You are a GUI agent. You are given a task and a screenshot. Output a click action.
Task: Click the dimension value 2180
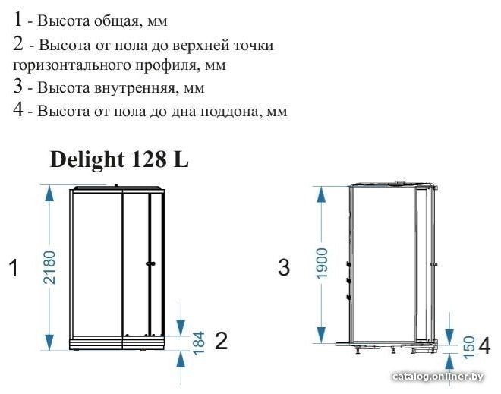point(49,267)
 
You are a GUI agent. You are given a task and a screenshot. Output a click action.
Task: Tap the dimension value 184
point(198,343)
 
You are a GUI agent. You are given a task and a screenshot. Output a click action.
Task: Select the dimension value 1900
point(322,263)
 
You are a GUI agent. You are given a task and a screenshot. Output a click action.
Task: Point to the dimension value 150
point(469,348)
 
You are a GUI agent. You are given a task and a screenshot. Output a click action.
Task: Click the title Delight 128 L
point(119,159)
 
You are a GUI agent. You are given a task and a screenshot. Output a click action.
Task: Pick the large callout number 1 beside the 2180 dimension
point(14,267)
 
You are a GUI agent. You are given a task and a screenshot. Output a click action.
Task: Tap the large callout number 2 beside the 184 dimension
point(222,341)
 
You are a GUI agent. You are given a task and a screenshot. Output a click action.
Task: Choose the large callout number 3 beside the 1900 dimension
point(284,267)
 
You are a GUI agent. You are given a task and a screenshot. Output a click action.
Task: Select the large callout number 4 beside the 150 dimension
point(484,345)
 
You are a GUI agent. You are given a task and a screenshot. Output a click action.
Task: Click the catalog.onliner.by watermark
point(438,377)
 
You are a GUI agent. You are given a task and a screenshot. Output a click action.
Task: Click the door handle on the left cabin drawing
point(150,263)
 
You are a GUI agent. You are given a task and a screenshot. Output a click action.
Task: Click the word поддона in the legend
point(228,111)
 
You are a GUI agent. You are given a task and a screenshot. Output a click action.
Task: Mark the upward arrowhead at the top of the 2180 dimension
point(49,194)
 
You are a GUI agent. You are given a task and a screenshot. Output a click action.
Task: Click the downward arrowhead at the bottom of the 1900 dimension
point(321,335)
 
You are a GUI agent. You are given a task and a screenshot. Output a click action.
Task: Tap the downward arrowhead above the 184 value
point(181,327)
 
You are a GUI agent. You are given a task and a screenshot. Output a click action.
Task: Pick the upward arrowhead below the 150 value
point(449,363)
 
